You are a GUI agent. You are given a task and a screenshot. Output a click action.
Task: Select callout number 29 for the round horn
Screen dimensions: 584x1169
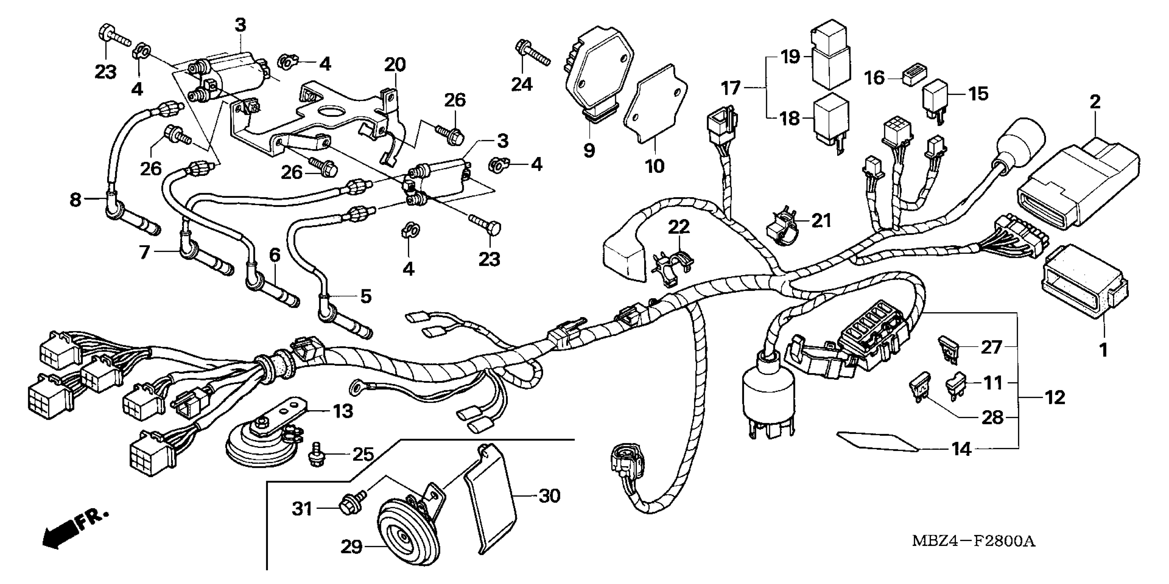pyautogui.click(x=352, y=547)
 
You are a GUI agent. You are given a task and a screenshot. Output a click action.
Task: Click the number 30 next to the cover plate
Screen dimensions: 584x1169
pyautogui.click(x=549, y=496)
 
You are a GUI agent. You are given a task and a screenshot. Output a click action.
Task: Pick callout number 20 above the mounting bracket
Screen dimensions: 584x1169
pyautogui.click(x=394, y=65)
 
